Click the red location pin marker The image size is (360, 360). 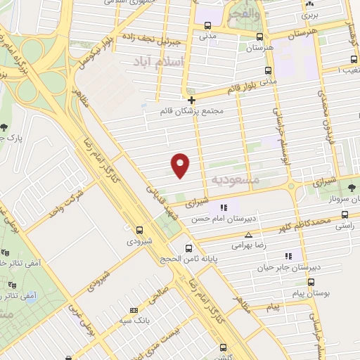click(181, 165)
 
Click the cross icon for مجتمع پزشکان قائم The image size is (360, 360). click(191, 100)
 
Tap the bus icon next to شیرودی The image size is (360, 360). click(139, 229)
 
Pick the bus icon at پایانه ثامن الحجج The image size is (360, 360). click(188, 247)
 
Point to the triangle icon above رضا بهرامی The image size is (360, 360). click(247, 236)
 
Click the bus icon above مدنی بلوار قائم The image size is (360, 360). click(268, 70)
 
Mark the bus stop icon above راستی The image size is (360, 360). click(345, 215)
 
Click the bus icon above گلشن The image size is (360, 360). click(224, 347)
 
